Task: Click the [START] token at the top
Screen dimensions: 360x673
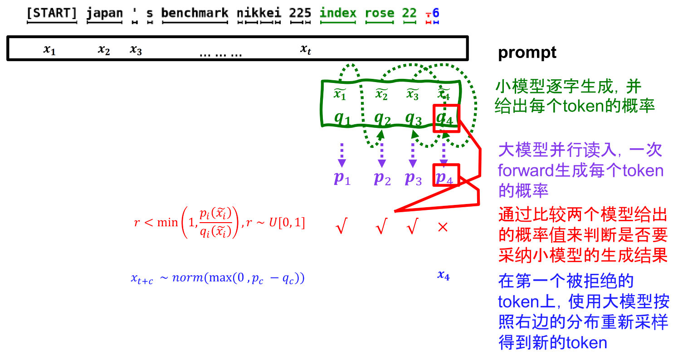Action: pyautogui.click(x=52, y=13)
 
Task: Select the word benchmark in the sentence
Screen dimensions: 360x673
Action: pyautogui.click(x=195, y=13)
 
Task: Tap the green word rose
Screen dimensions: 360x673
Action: pyautogui.click(x=380, y=13)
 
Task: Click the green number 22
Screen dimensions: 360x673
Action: pyautogui.click(x=409, y=13)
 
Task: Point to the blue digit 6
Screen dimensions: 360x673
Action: pyautogui.click(x=436, y=13)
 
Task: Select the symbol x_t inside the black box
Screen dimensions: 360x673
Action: pyautogui.click(x=306, y=49)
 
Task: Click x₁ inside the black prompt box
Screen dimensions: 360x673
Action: pyautogui.click(x=49, y=49)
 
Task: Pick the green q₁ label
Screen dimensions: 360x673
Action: pyautogui.click(x=342, y=117)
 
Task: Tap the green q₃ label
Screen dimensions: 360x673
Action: pyautogui.click(x=413, y=117)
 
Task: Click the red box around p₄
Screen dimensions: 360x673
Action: pyautogui.click(x=447, y=175)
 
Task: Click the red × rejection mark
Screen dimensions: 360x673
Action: pyautogui.click(x=443, y=227)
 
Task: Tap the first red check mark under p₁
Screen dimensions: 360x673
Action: pyautogui.click(x=341, y=227)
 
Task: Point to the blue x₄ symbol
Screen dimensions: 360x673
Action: pyautogui.click(x=443, y=275)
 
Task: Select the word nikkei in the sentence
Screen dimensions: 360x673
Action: pyautogui.click(x=258, y=13)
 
